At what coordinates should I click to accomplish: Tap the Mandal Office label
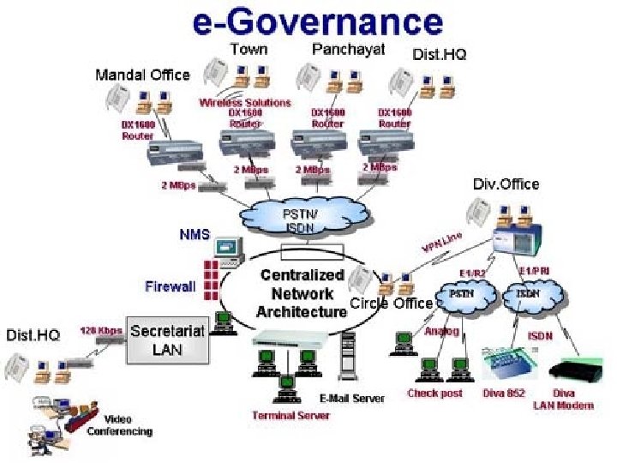pyautogui.click(x=142, y=75)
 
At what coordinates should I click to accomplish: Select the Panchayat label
pyautogui.click(x=348, y=49)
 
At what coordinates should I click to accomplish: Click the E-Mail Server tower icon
pyautogui.click(x=347, y=357)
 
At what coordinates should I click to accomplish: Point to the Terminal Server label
pyautogui.click(x=291, y=416)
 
